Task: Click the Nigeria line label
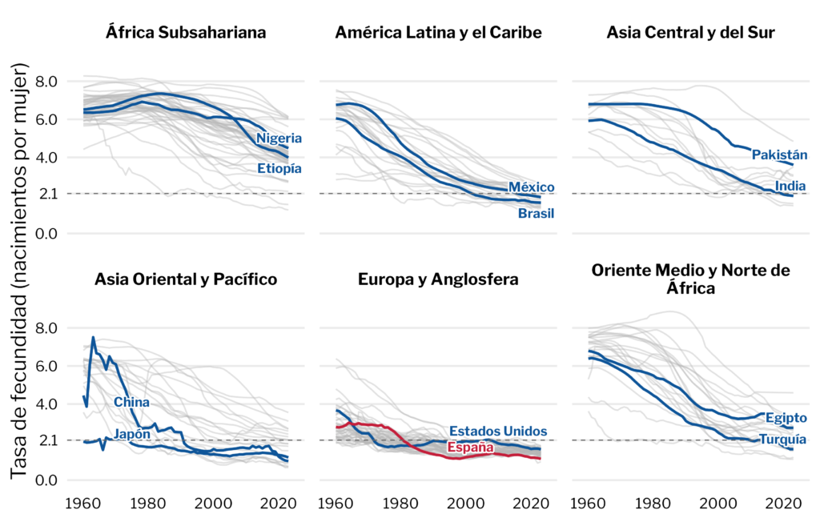coord(278,139)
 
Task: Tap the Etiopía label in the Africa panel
coord(279,168)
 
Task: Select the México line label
coord(532,187)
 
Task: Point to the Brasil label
coord(536,214)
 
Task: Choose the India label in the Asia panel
coord(790,187)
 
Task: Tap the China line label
coord(131,402)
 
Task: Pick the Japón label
coord(131,434)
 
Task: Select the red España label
coord(469,448)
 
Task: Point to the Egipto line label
coord(786,418)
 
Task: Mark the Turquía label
coord(782,439)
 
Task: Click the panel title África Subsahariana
coord(187,33)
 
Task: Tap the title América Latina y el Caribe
coord(439,33)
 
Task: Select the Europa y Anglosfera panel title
coord(438,279)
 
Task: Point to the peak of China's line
coord(93,337)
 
